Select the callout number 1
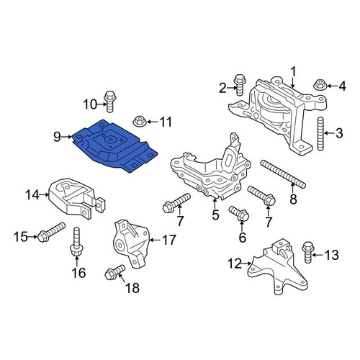click(293, 73)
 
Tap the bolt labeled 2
click(239, 85)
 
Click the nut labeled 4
click(319, 84)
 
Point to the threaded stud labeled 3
click(320, 134)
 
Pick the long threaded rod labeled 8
click(283, 174)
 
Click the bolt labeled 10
click(109, 102)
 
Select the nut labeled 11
click(138, 121)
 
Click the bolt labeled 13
click(307, 252)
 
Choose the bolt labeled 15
click(51, 232)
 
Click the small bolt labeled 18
click(115, 272)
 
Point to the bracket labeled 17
click(131, 243)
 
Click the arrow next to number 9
click(67, 137)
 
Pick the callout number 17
click(169, 240)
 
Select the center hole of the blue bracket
click(110, 140)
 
